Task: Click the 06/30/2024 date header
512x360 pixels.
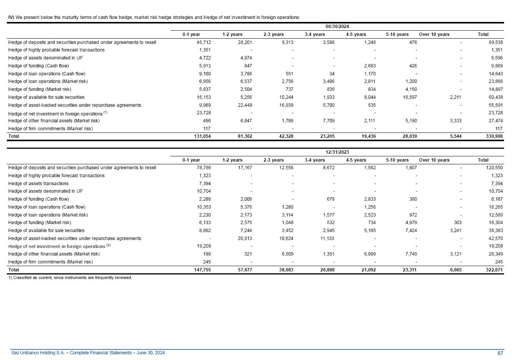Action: [337, 26]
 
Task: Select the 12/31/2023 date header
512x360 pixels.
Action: [337, 152]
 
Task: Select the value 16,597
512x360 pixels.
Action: [409, 97]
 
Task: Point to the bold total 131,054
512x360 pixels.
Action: [202, 136]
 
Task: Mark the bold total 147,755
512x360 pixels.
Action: [202, 270]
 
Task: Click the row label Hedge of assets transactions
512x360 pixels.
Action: [38, 184]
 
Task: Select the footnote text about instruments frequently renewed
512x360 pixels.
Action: [70, 278]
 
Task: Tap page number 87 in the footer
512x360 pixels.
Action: [500, 353]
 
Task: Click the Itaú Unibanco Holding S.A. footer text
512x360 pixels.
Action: [88, 353]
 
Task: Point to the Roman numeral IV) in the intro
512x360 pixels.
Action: [11, 17]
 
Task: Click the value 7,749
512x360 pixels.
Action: [411, 254]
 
